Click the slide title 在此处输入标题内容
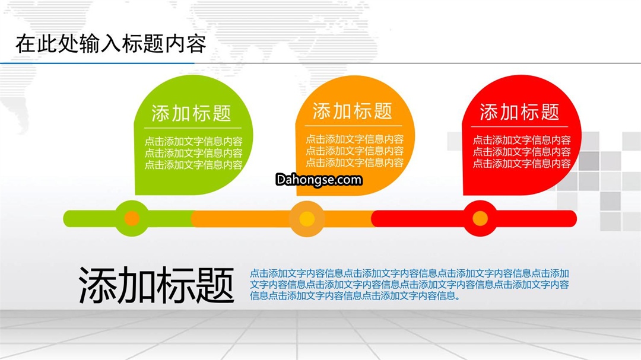coord(111,44)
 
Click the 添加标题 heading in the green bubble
coord(191,113)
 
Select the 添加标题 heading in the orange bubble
coord(353,111)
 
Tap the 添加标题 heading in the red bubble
coord(519,112)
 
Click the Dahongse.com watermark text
coord(319,180)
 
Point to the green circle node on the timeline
coord(132,218)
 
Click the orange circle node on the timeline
coord(307,219)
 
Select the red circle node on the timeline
coord(480,218)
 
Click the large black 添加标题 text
coord(156,285)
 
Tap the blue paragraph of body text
coord(409,285)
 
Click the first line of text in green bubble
coord(193,141)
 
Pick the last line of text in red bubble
coord(522,164)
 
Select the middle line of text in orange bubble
coord(354,151)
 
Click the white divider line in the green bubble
coord(192,128)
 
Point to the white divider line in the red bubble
coord(519,127)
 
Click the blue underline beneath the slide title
coord(97,63)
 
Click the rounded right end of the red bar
coord(573,219)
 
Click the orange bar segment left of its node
coord(240,219)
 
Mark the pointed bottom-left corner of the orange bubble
coord(297,195)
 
